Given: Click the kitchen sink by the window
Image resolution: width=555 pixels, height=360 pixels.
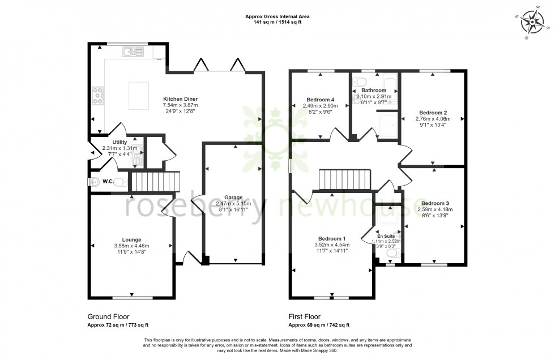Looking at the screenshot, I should point(133,52).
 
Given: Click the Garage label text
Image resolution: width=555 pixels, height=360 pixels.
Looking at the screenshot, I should point(233,198).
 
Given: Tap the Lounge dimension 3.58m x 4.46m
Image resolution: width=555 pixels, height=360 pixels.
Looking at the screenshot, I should point(131,246).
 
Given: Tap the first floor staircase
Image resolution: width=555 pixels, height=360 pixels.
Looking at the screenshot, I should point(344,180).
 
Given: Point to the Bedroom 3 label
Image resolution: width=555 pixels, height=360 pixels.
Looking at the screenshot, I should point(435,203).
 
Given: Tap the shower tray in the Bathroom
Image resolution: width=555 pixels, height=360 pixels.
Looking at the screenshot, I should point(387,123).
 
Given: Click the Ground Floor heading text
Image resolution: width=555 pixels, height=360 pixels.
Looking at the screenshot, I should point(109,317).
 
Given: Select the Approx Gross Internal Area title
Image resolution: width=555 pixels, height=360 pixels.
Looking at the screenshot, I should point(277,17).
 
